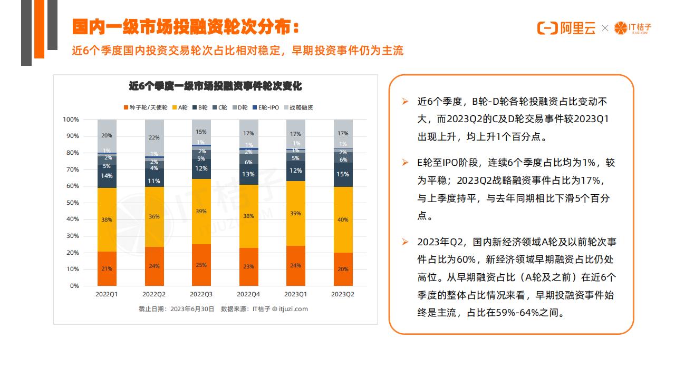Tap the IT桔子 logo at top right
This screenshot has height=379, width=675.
point(633,28)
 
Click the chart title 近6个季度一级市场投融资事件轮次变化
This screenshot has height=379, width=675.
point(215,86)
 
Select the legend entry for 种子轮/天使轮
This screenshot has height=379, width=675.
point(146,107)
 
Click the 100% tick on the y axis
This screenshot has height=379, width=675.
point(70,119)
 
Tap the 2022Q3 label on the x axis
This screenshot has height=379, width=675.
point(201,294)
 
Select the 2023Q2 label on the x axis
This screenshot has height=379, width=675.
point(343,294)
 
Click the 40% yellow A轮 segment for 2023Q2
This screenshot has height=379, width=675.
point(343,220)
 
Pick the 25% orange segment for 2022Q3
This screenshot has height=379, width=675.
point(201,265)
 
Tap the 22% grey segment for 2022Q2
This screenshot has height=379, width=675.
point(154,137)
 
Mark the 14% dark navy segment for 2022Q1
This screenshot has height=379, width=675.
point(107,176)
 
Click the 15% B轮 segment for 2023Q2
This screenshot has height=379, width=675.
point(343,174)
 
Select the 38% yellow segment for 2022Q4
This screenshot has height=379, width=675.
point(248,216)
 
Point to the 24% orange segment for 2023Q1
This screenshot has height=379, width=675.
point(296,265)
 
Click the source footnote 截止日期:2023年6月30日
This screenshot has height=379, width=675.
point(177,309)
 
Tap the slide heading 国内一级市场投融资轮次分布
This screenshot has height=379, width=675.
point(187,27)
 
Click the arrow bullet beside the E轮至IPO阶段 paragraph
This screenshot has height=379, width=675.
point(405,163)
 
